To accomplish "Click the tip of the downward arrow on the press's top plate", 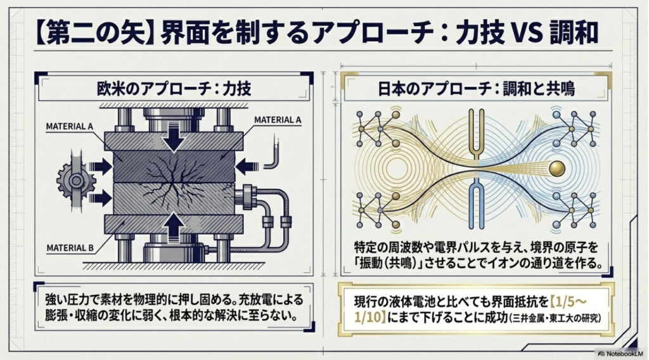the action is pos(174,151).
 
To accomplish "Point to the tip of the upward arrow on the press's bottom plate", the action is pos(174,214).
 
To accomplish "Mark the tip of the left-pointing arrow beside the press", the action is pos(235,167).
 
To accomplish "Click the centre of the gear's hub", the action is pos(76,180).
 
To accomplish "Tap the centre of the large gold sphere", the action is pos(557,168).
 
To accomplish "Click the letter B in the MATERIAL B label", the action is pos(91,248).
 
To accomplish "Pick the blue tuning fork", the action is pos(476,203).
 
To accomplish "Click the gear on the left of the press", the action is pos(76,180).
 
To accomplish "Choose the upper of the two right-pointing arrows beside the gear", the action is pos(100,167).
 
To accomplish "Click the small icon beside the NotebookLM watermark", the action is pos(600,354).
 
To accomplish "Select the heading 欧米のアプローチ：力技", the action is pos(174,89).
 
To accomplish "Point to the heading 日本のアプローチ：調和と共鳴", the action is pos(476,89).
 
